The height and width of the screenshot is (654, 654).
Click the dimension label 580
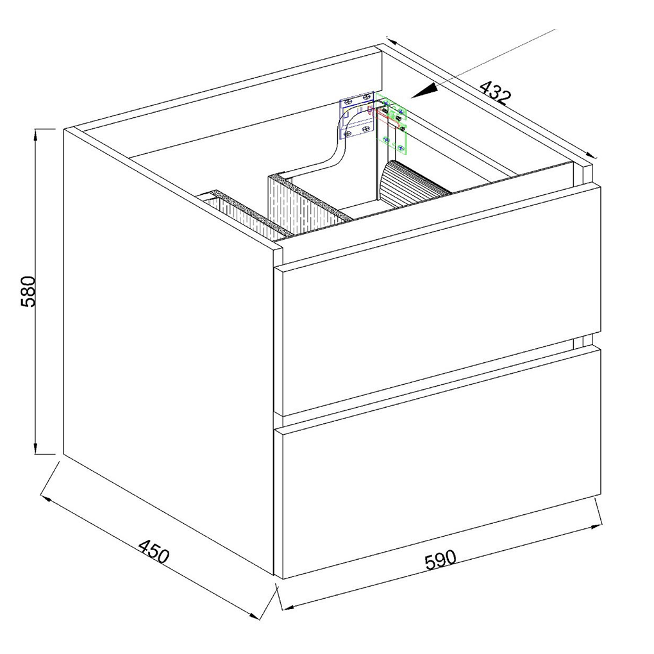coord(30,290)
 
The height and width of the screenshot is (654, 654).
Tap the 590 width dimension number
coord(440,560)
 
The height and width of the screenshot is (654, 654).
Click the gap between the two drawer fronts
coord(438,382)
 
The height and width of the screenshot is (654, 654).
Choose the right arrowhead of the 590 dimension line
coord(598,527)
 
